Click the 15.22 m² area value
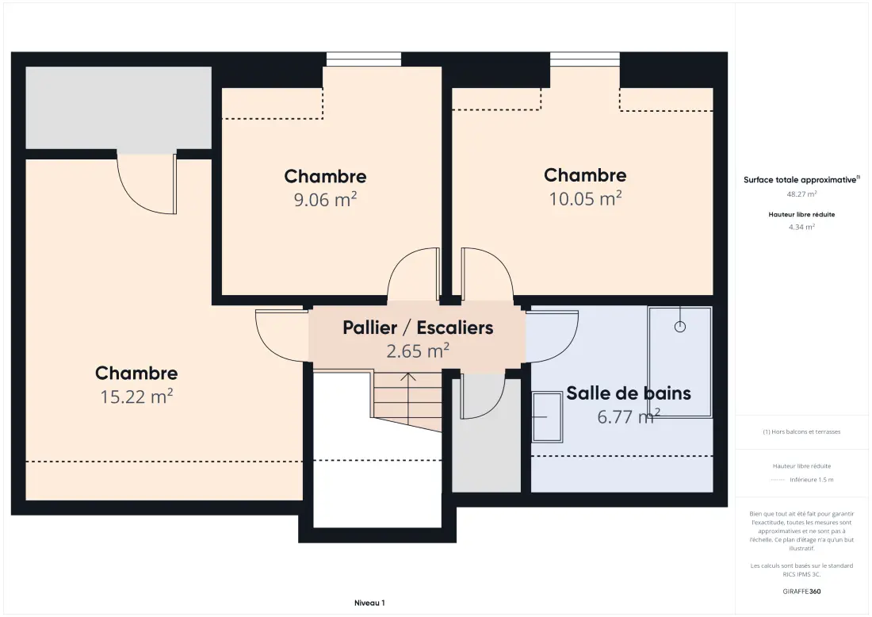[136, 397]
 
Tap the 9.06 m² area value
[325, 199]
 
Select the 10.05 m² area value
[585, 198]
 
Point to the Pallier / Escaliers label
[418, 328]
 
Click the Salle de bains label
[629, 393]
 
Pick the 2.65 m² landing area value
[418, 351]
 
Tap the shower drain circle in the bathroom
[679, 327]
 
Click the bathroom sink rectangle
[547, 416]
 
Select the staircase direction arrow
[408, 400]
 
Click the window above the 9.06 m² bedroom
[364, 59]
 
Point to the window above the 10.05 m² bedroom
[585, 59]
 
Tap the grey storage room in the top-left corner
[118, 107]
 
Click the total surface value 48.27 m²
[801, 194]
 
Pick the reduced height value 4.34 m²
[801, 227]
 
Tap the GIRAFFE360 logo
[801, 592]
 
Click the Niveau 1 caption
[369, 603]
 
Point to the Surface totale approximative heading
[801, 180]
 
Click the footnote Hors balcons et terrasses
[801, 431]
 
